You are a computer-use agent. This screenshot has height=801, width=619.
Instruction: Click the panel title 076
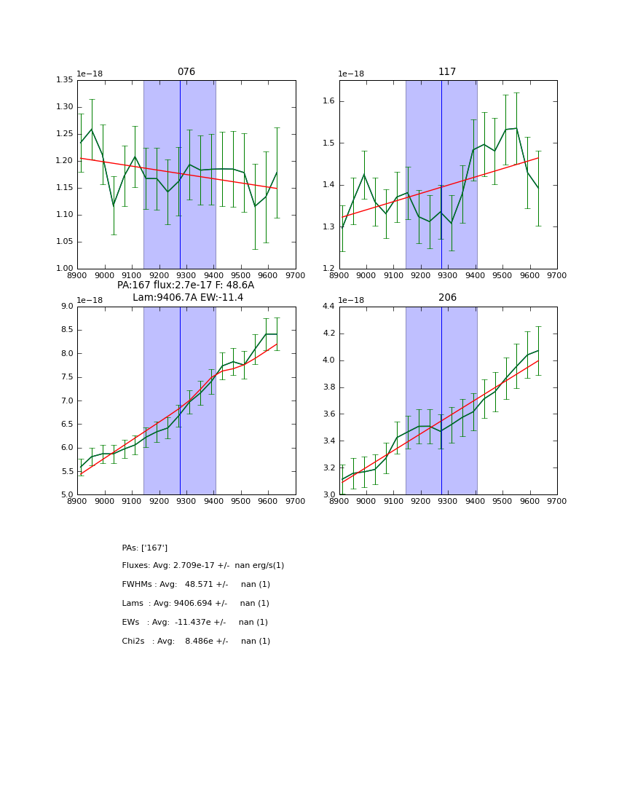pyautogui.click(x=186, y=72)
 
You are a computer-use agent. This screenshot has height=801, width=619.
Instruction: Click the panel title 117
pyautogui.click(x=447, y=72)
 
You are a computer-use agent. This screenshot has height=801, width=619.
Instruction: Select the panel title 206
pyautogui.click(x=447, y=298)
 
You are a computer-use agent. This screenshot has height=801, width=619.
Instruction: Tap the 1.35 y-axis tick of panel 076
pyautogui.click(x=65, y=80)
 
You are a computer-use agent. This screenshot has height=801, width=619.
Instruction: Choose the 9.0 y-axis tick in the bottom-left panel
pyautogui.click(x=67, y=307)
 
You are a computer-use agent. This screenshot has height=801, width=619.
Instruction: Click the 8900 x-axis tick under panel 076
pyautogui.click(x=78, y=275)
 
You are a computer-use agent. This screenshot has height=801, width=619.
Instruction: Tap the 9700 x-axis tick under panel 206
pyautogui.click(x=557, y=501)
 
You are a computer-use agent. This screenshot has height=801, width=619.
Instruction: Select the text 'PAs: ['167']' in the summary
pyautogui.click(x=145, y=548)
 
